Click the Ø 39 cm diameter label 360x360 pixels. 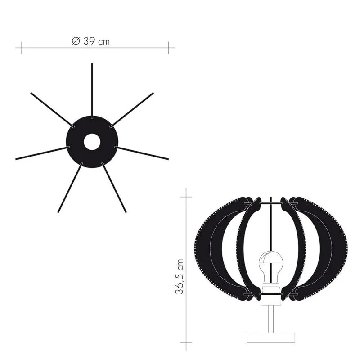pos(91,41)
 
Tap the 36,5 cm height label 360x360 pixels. pos(180,276)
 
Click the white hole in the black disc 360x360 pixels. pos(92,142)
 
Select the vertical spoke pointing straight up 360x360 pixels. pos(92,91)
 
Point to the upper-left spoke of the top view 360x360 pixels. pos(52,110)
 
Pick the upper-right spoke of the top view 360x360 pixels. pos(132,110)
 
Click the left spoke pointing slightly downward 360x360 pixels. pos(42,153)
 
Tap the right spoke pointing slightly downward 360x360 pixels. pos(142,153)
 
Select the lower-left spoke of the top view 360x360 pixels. pos(70,187)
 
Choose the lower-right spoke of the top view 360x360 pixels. pos(114,187)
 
